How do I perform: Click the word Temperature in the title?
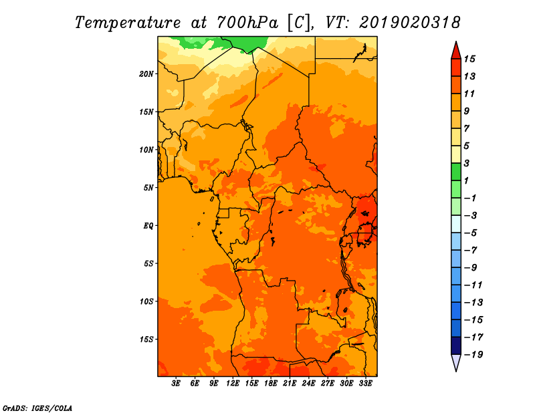(128, 23)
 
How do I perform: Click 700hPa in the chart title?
(247, 23)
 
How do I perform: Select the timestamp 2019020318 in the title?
(410, 23)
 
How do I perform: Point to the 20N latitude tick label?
(146, 74)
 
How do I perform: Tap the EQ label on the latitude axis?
(148, 226)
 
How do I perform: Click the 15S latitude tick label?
(146, 339)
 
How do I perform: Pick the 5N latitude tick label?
(148, 188)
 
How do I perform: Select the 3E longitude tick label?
(176, 384)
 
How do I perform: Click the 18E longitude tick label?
(271, 384)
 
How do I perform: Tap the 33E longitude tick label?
(365, 384)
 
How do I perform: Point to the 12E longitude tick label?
(233, 384)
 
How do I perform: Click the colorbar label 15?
(469, 59)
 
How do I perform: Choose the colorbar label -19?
(473, 355)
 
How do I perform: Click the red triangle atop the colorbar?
(456, 51)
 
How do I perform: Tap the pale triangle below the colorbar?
(456, 362)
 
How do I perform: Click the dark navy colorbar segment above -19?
(456, 346)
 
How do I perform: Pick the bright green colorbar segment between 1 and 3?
(456, 172)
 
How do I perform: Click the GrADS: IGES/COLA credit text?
(37, 408)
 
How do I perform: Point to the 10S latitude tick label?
(146, 301)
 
